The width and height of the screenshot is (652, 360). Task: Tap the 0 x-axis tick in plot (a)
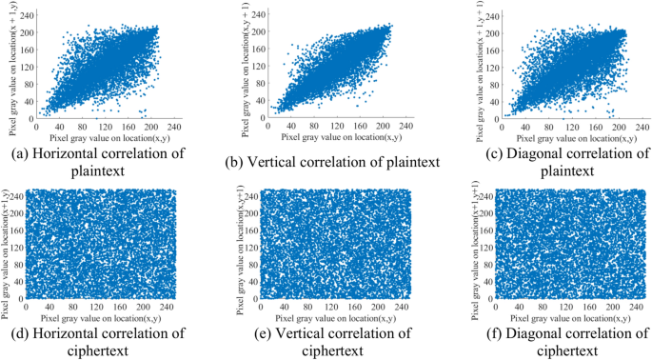pos(35,127)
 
